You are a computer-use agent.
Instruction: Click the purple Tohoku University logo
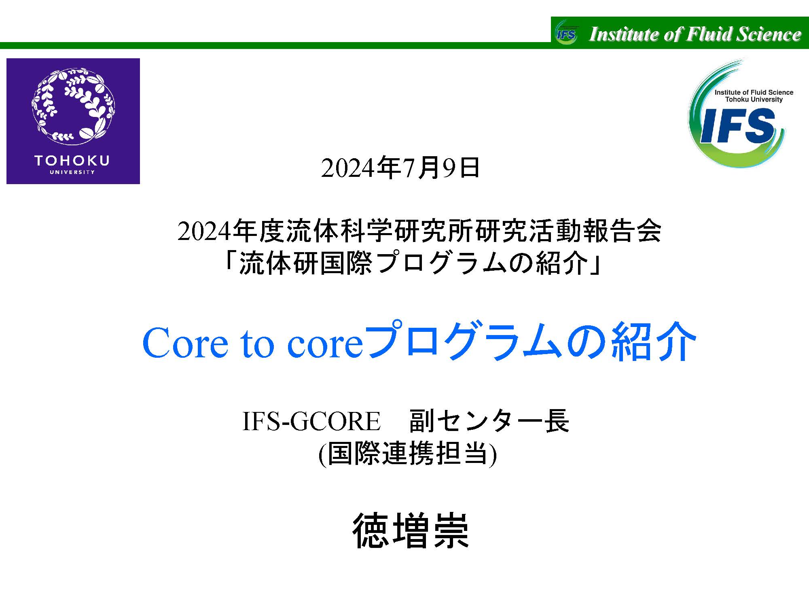tap(73, 121)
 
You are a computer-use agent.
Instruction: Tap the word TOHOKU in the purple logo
tap(72, 161)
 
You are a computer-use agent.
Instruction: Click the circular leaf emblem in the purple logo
tap(73, 106)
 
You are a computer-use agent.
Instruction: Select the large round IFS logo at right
tap(737, 113)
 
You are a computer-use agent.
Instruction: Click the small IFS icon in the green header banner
tap(566, 33)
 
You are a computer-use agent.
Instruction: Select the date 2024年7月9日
tap(400, 168)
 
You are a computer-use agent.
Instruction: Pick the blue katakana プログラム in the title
tap(465, 341)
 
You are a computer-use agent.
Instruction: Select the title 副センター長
tap(489, 421)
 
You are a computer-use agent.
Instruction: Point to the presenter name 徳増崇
tap(411, 531)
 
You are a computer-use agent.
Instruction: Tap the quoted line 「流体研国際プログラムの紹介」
tap(414, 264)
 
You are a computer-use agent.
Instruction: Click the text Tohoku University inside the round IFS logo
tap(754, 100)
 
